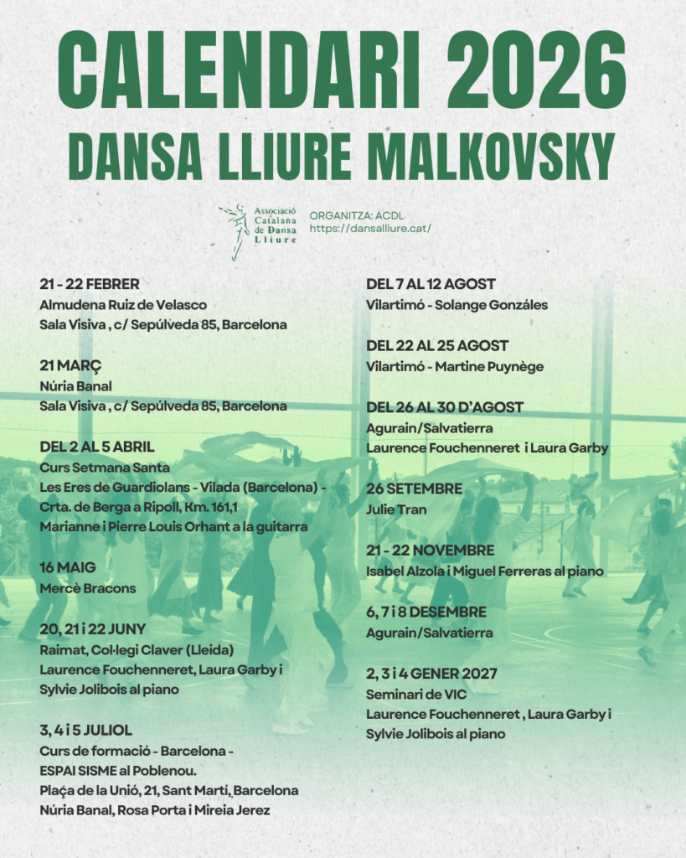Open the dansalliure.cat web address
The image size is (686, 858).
pos(370,228)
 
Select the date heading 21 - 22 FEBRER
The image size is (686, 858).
pos(90,284)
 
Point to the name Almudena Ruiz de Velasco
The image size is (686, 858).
pos(123,305)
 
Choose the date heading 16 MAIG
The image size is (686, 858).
pos(68,568)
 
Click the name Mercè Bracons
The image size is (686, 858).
pos(87,588)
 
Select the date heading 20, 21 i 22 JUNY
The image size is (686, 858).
pos(93,629)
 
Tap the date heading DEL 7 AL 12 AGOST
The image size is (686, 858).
pos(431,284)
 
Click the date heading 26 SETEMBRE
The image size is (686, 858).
pos(414,488)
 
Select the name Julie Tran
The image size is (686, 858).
pos(396,509)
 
